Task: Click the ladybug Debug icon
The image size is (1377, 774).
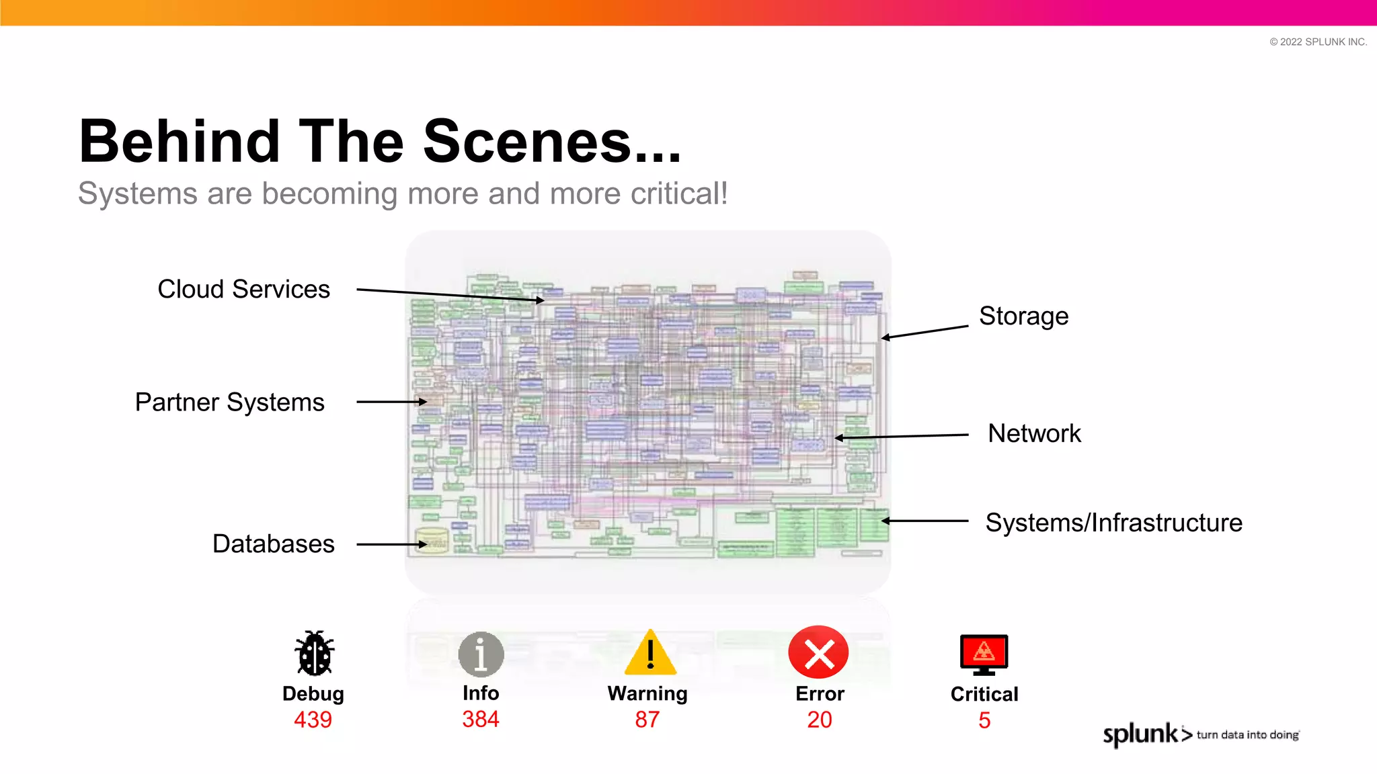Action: (314, 654)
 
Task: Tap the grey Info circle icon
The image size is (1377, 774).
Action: (481, 654)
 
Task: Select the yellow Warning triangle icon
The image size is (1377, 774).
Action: (650, 654)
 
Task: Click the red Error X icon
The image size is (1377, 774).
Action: (818, 652)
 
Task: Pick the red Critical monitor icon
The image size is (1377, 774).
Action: (984, 654)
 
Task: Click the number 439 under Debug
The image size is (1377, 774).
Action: (313, 720)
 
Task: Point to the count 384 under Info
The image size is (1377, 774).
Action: (481, 719)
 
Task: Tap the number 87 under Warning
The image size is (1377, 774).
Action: (647, 720)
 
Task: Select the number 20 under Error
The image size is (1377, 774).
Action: (820, 720)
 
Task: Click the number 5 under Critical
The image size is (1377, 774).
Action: (984, 720)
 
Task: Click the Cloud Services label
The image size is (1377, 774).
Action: (243, 290)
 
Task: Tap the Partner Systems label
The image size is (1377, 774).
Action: (229, 402)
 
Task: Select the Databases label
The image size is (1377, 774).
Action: (273, 544)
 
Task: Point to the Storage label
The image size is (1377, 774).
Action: (1023, 316)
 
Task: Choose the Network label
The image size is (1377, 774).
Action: (1034, 433)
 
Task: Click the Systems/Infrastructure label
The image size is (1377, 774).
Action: (1113, 523)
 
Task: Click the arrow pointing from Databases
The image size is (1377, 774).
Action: (391, 544)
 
